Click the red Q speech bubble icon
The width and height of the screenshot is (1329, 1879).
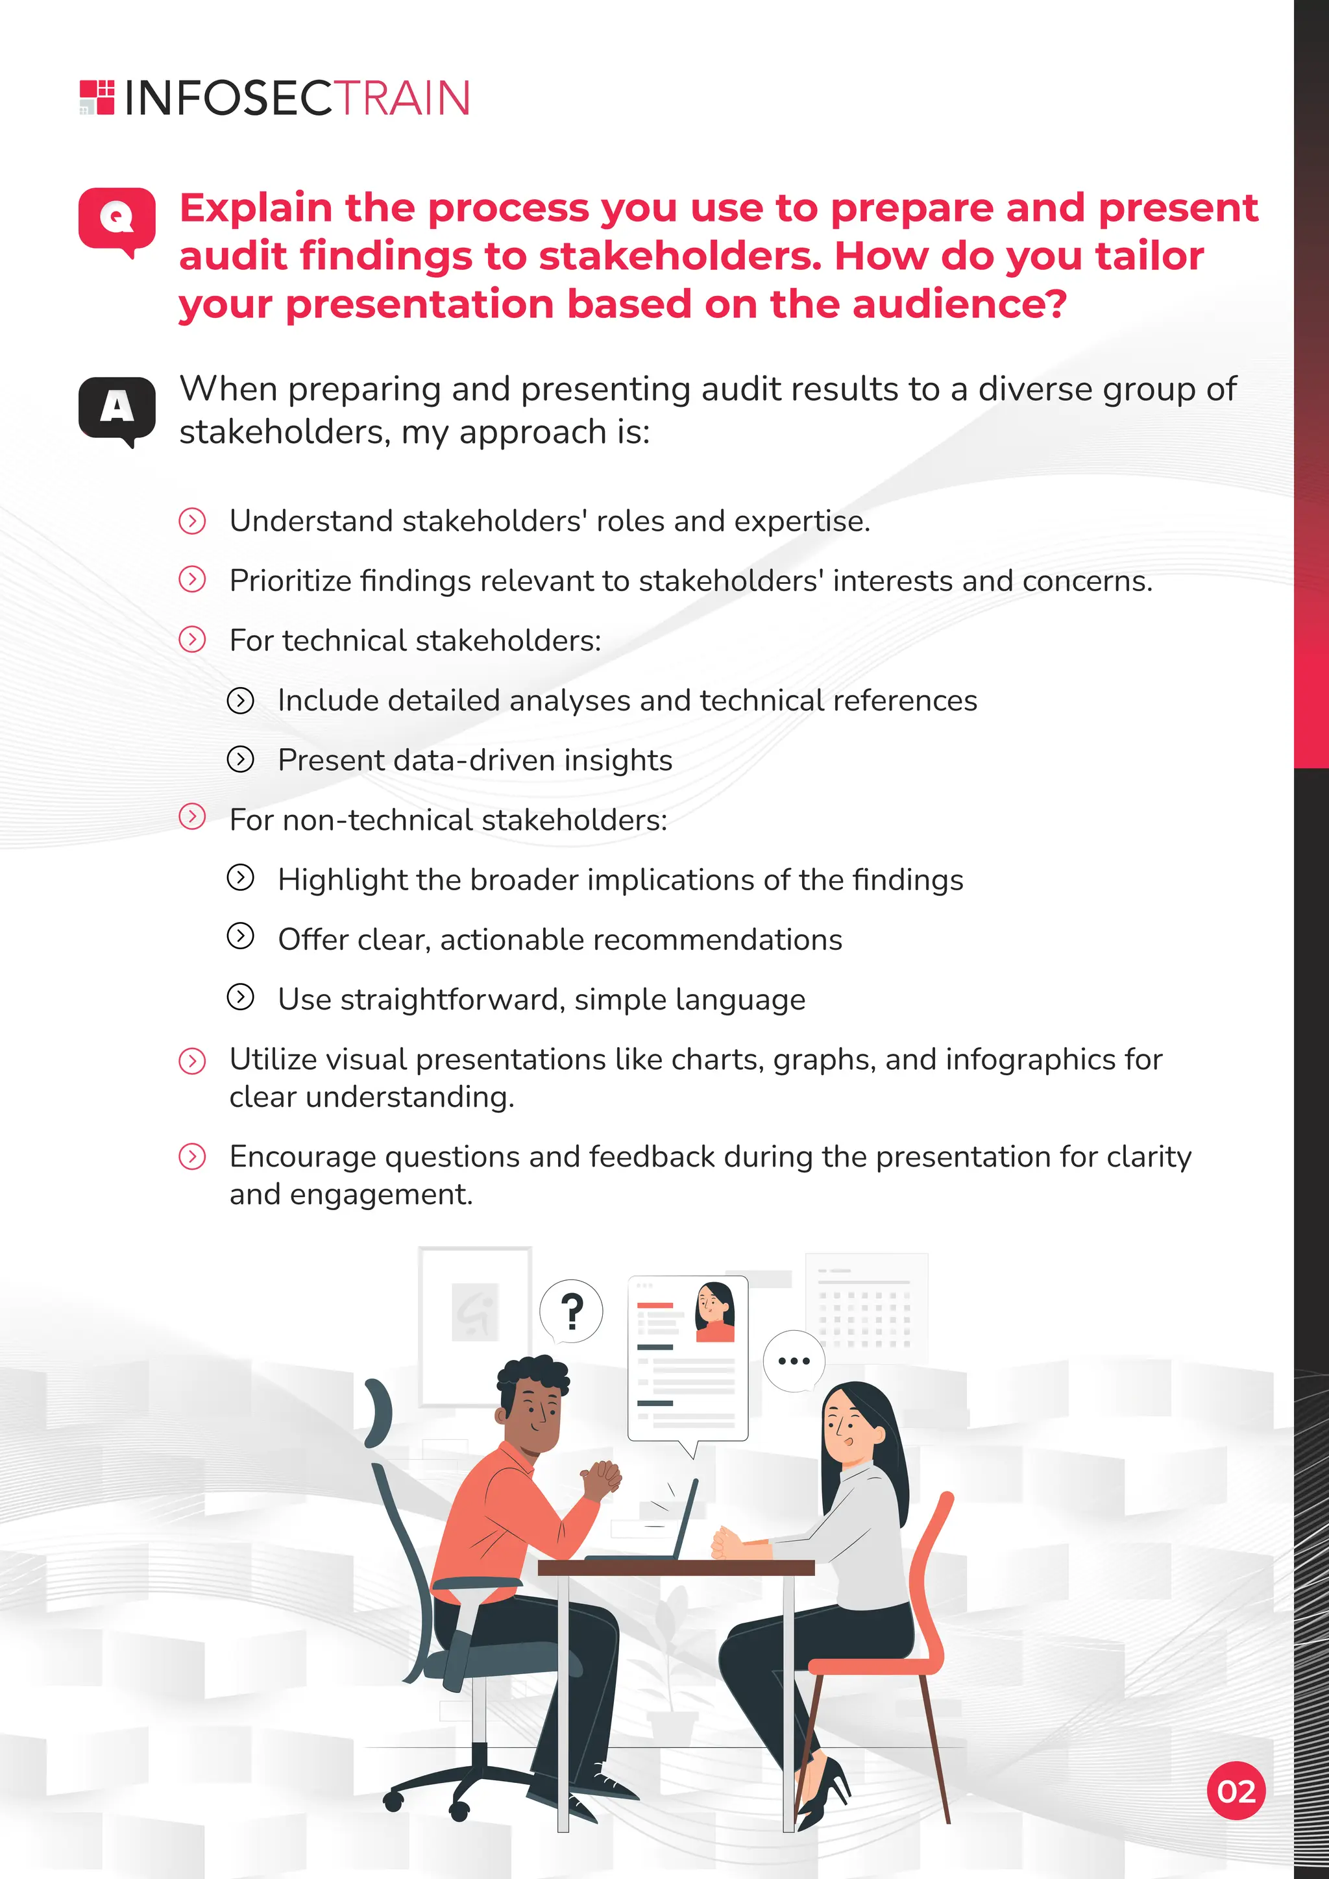116,219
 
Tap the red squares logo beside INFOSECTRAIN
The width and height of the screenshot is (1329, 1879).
97,97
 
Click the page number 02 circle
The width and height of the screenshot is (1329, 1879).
1236,1791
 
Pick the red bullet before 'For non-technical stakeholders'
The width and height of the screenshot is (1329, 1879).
192,817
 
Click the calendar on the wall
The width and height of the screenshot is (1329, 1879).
866,1308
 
